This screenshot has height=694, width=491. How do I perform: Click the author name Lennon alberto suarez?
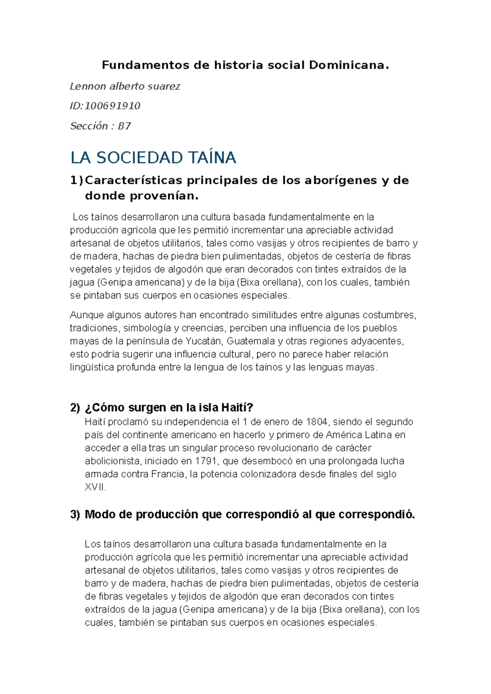[125, 86]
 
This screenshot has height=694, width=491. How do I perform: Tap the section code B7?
[124, 126]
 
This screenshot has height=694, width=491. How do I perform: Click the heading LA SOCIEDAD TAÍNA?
[153, 158]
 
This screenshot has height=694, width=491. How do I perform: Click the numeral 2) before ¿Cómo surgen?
[75, 408]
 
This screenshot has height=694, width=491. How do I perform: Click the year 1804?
[316, 421]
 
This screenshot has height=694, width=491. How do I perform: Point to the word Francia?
[167, 474]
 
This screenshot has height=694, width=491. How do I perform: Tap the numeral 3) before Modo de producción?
[75, 514]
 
